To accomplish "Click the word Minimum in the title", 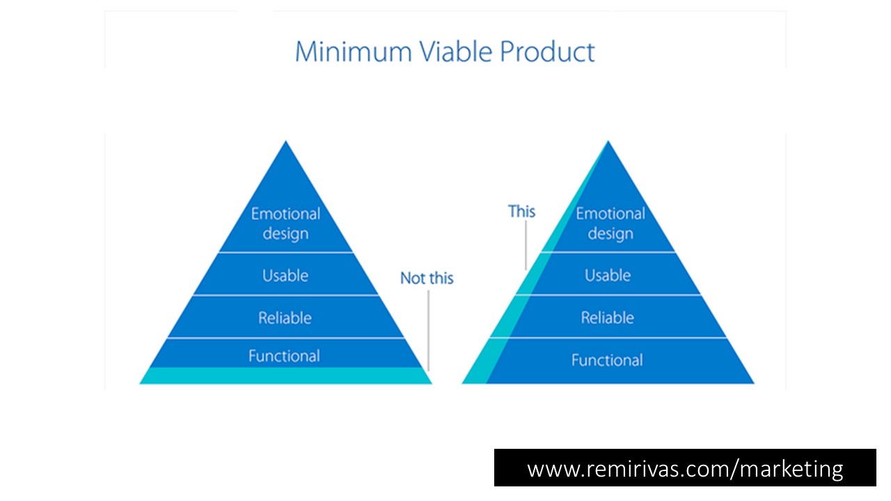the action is click(x=354, y=51).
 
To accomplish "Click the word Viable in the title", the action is click(x=456, y=51).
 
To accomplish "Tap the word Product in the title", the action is click(x=547, y=51).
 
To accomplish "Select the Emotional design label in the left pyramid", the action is click(x=285, y=224).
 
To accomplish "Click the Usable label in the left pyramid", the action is click(x=285, y=276).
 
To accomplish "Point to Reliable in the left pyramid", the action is click(x=285, y=318).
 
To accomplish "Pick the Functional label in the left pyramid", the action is click(x=284, y=356).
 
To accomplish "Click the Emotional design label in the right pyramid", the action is click(x=610, y=224).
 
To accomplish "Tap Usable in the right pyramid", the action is click(x=608, y=275).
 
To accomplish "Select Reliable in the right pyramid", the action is click(x=608, y=318).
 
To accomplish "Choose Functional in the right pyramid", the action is click(x=607, y=360).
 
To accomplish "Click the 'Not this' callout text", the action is click(x=427, y=278).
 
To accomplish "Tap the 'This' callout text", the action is click(x=521, y=211).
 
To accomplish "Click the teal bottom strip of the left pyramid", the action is click(x=285, y=376).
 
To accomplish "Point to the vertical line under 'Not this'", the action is click(x=428, y=331).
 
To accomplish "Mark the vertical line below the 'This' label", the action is click(x=526, y=246).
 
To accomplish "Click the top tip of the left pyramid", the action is click(x=285, y=141).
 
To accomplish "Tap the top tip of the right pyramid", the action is click(x=608, y=141).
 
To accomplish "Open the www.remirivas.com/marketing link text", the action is click(x=685, y=469).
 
